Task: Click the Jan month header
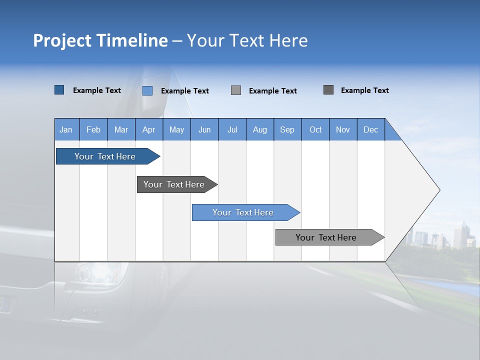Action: click(66, 129)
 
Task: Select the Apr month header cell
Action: click(149, 129)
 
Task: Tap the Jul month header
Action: click(232, 129)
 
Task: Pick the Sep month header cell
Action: click(287, 129)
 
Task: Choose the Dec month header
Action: click(370, 129)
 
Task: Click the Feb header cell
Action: click(93, 129)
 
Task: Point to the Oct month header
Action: click(315, 129)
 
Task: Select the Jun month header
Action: click(204, 129)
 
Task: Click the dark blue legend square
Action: click(59, 90)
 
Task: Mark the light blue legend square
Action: click(147, 90)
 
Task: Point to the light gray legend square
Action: click(236, 90)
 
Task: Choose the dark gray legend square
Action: click(328, 90)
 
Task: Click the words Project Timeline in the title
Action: click(100, 40)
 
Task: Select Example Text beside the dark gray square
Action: click(364, 90)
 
